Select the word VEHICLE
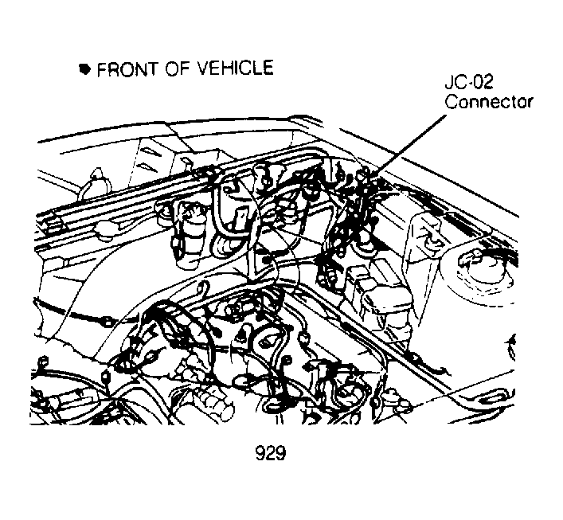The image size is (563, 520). [235, 68]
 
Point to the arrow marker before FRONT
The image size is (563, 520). [84, 69]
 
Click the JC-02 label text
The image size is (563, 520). [469, 83]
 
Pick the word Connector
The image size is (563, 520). [488, 101]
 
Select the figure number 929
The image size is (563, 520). [271, 453]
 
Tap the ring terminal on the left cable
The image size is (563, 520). [106, 321]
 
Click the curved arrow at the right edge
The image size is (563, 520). [511, 346]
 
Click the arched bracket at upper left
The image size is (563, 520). [95, 184]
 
